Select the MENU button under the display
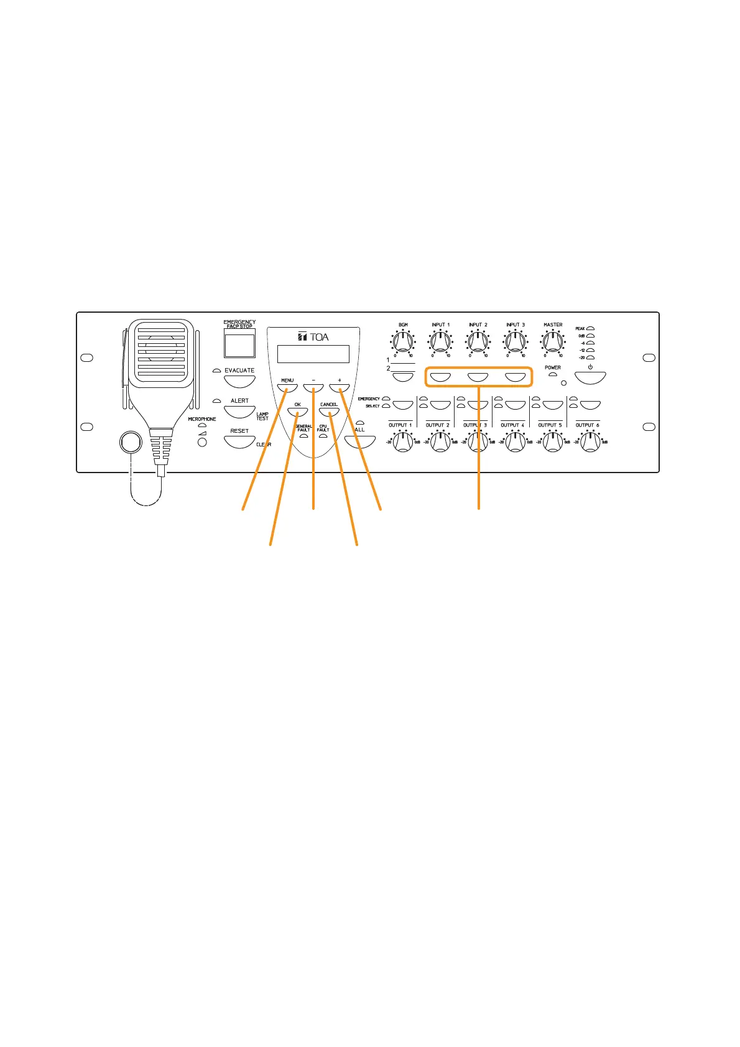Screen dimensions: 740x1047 click(x=287, y=388)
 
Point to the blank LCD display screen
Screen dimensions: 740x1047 click(x=313, y=354)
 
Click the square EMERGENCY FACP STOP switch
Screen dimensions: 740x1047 click(x=239, y=345)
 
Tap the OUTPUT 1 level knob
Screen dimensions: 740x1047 click(x=403, y=442)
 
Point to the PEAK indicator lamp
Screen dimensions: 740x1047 click(x=591, y=328)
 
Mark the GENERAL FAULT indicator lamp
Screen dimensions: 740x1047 click(x=303, y=436)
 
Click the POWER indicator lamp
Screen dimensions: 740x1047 click(x=552, y=375)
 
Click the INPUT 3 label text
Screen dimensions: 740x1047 click(x=515, y=325)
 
